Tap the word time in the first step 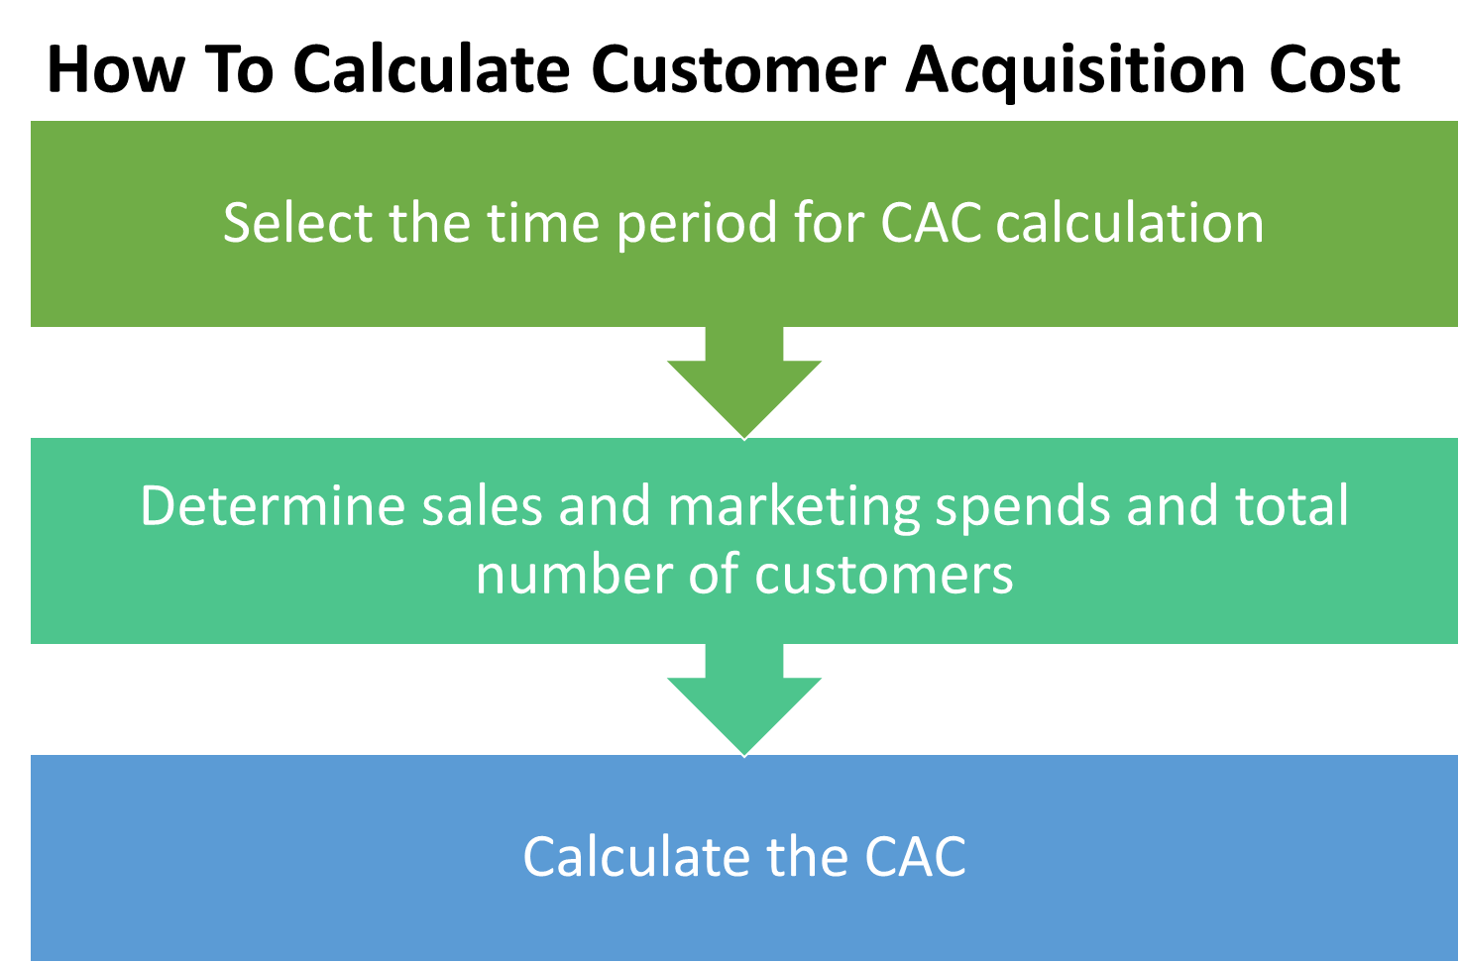pos(542,223)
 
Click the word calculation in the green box pos(1130,223)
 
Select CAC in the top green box pos(931,223)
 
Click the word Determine pos(273,506)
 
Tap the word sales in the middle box pos(482,506)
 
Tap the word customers pos(884,576)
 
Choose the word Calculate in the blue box pos(635,857)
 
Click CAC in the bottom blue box pos(915,857)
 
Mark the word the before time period pos(429,223)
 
